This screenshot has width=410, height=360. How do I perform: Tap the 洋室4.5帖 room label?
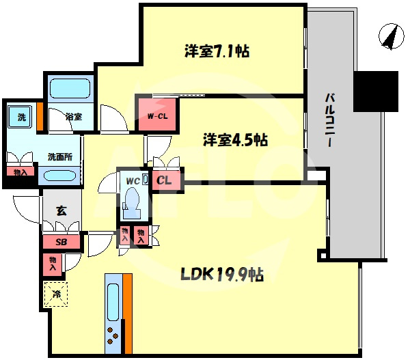pos(234,140)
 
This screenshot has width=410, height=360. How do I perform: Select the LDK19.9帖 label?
pos(222,275)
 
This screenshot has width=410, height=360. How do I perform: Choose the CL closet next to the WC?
pos(165,181)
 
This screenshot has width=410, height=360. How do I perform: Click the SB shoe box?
pos(61,242)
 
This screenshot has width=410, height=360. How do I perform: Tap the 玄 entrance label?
pos(61,211)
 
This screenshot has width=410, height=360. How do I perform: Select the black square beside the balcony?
pos(376,92)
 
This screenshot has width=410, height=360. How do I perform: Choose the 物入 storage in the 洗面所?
pos(20,172)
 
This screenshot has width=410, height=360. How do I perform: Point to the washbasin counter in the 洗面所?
pos(60,176)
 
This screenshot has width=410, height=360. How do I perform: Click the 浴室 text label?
pos(74,117)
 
